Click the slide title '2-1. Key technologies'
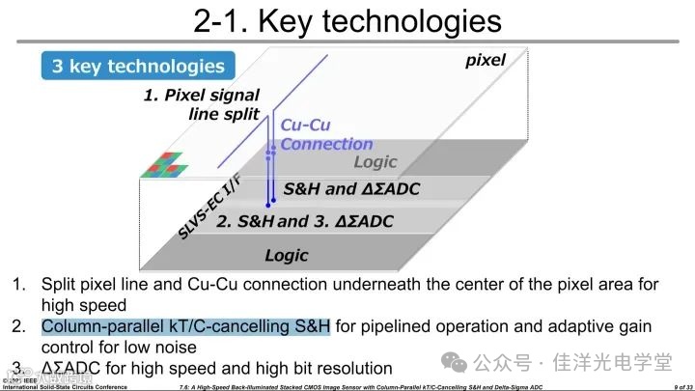coord(347,21)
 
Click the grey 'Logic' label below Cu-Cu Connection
coord(375,162)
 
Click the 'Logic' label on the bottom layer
coord(287,255)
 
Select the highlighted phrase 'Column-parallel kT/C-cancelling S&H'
coord(185,327)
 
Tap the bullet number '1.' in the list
coord(19,285)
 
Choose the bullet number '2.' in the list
coord(19,327)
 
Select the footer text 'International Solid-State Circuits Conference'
coord(66,386)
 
